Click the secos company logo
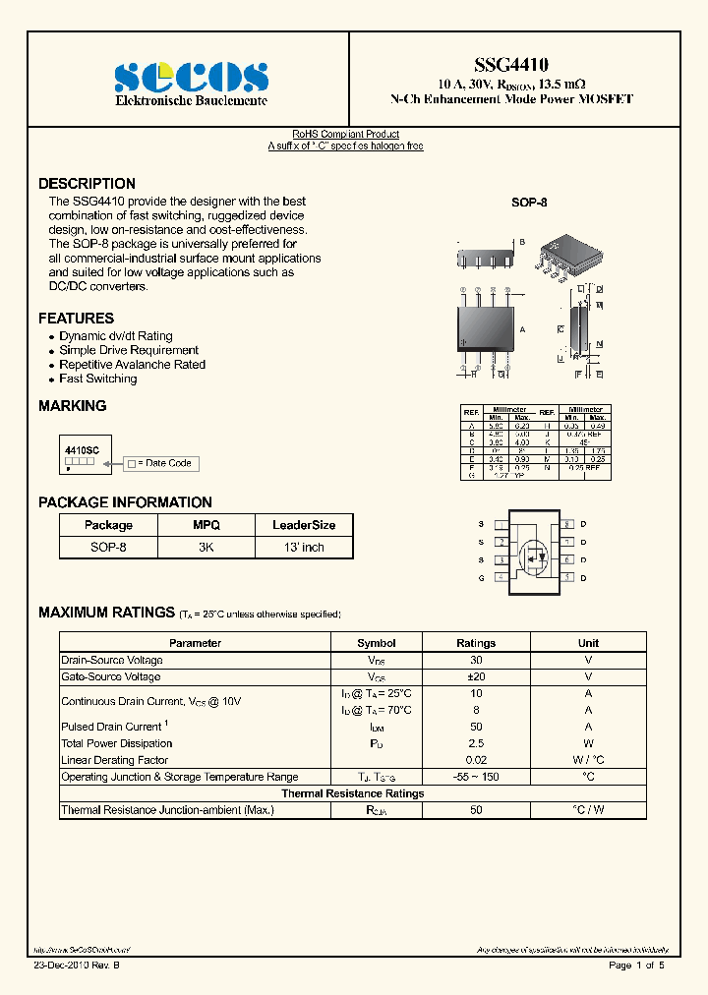pos(191,76)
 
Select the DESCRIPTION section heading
pos(87,184)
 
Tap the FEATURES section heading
pos(76,319)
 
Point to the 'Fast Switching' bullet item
pos(97,379)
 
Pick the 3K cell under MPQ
pos(206,547)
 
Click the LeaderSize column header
pos(304,525)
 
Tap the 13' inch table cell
pos(304,547)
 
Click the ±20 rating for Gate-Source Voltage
pos(476,676)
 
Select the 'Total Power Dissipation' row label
pos(116,743)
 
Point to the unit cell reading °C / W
pos(588,810)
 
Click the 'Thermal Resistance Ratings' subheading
pos(353,793)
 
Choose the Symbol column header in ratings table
pos(377,643)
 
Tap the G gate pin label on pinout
pos(481,578)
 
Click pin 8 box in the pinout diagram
pos(567,524)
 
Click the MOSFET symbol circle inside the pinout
pos(534,558)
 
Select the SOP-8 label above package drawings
pos(529,202)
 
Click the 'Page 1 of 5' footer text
pos(636,966)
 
